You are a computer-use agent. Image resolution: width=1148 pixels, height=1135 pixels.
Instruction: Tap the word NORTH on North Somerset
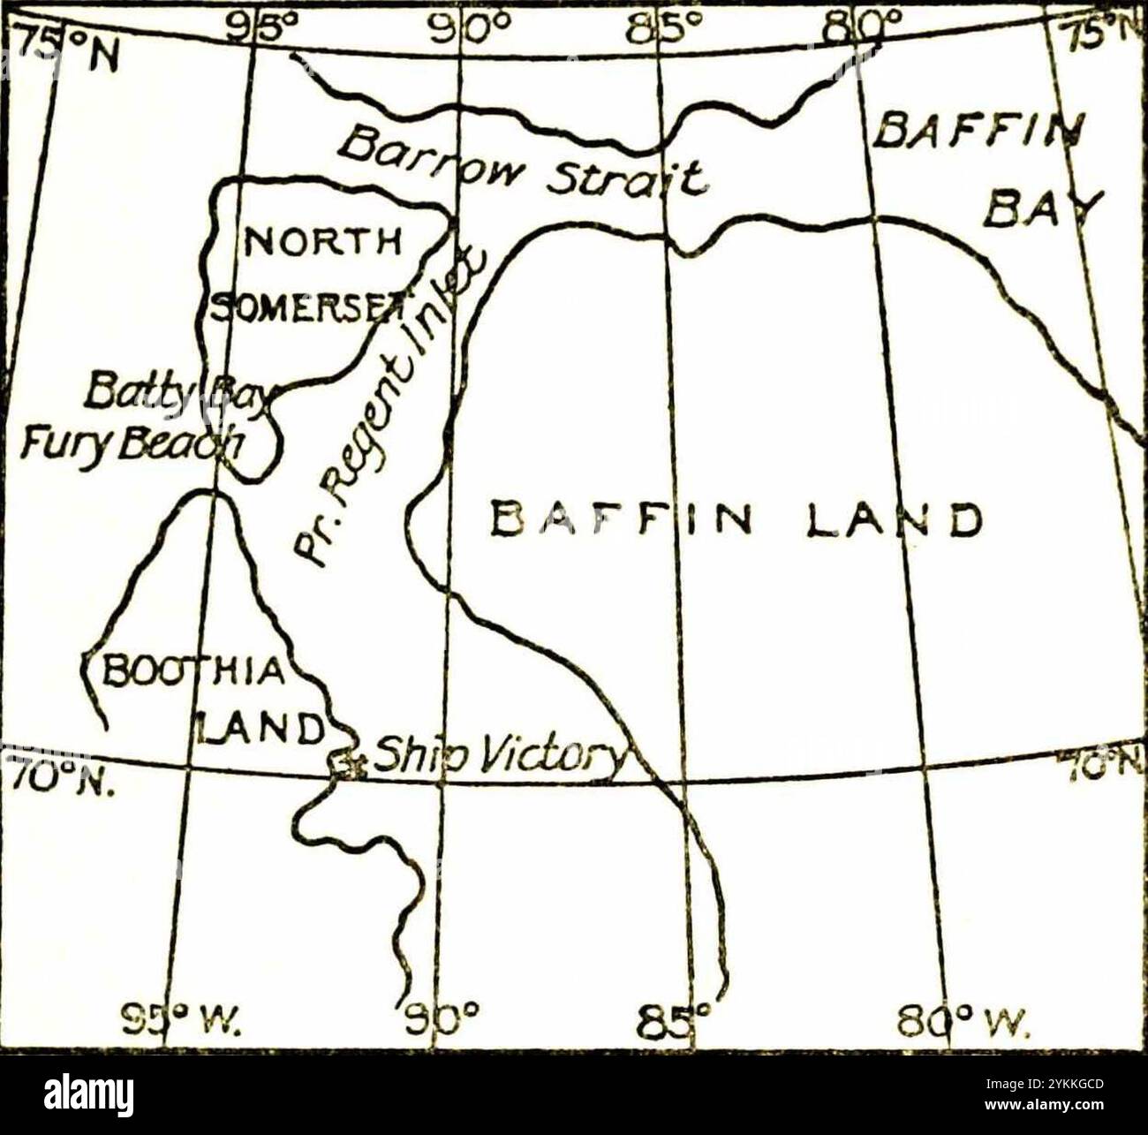323,241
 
